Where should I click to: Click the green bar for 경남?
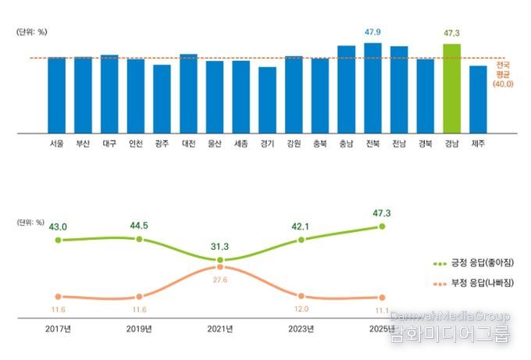click(x=451, y=87)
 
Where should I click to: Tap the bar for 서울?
click(x=56, y=94)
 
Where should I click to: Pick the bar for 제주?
click(x=478, y=98)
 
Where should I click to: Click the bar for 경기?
click(x=267, y=99)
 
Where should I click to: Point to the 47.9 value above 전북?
click(x=372, y=32)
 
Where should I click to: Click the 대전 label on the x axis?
click(x=188, y=144)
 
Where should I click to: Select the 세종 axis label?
click(x=241, y=144)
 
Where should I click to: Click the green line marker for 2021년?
click(x=220, y=259)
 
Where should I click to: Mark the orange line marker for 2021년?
click(x=220, y=266)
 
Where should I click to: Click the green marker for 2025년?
click(x=382, y=226)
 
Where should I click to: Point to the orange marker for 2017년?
click(x=58, y=296)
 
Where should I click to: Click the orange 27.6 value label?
click(x=220, y=279)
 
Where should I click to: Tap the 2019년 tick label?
click(x=139, y=329)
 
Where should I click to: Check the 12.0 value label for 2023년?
click(x=301, y=308)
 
